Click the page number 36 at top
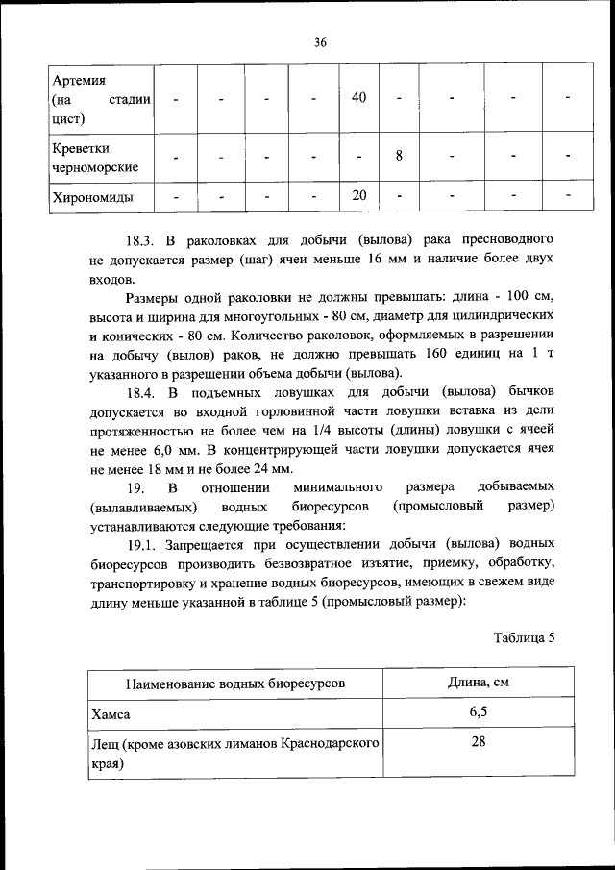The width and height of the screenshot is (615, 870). pyautogui.click(x=320, y=41)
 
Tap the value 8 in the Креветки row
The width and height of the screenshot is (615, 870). pyautogui.click(x=398, y=156)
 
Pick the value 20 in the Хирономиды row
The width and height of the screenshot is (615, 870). pyautogui.click(x=358, y=196)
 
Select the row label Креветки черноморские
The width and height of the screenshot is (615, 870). pyautogui.click(x=95, y=158)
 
